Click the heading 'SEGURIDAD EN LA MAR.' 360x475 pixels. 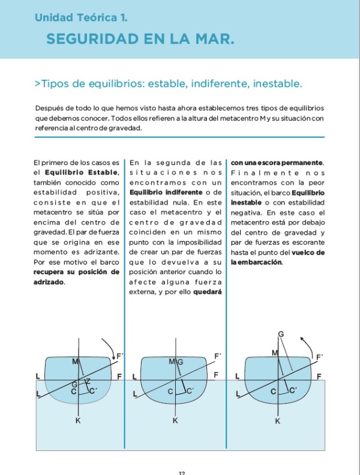point(139,40)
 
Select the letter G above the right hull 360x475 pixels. point(280,333)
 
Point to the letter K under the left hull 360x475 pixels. point(77,422)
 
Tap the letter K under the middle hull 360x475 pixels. point(175,422)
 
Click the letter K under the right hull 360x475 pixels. point(277,422)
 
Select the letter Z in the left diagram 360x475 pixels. point(87,382)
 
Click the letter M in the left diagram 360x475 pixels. point(75,361)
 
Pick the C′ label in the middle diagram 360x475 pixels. point(189,391)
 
